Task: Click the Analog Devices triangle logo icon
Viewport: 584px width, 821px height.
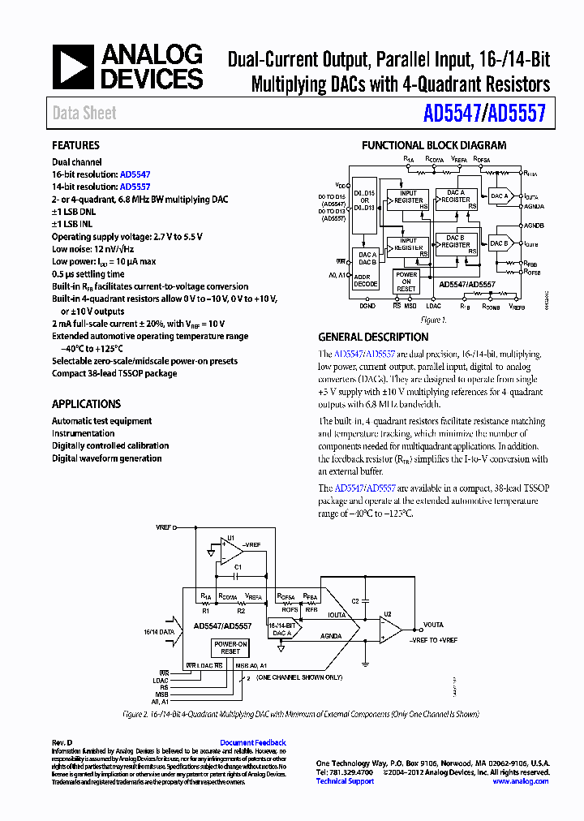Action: click(74, 67)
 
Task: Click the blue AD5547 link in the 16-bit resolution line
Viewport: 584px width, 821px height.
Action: click(135, 174)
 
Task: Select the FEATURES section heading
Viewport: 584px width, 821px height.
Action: click(75, 145)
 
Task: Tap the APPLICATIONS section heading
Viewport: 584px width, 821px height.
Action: click(86, 404)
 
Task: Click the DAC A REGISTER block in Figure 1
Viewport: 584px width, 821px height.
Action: click(456, 196)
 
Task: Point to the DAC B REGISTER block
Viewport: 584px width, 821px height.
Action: click(456, 241)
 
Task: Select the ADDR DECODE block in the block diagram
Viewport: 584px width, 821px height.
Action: click(366, 280)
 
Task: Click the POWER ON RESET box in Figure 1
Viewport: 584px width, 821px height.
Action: click(406, 282)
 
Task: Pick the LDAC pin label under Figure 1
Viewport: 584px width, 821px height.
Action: click(434, 306)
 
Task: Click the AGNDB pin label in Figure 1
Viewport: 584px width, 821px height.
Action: click(534, 225)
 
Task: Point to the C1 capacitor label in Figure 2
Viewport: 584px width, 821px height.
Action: click(238, 566)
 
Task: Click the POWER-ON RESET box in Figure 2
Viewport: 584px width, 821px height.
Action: click(230, 647)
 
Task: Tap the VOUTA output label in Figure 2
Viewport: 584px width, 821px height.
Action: click(433, 625)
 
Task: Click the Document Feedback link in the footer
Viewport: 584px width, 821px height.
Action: click(253, 742)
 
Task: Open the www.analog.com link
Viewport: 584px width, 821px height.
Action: click(520, 781)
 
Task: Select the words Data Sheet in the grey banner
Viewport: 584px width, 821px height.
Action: click(84, 114)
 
